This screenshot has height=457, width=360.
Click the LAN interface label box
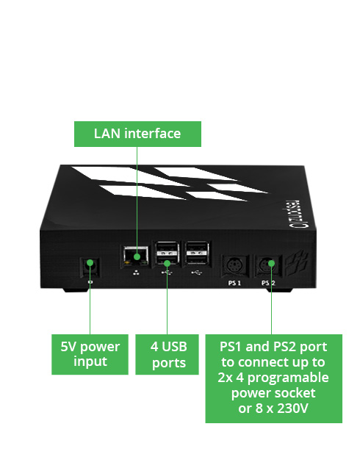coord(137,134)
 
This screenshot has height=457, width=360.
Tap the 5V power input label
coord(90,354)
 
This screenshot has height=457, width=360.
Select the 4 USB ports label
coord(167,354)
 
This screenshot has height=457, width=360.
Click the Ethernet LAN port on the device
coord(136,256)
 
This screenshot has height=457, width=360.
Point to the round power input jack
coord(90,267)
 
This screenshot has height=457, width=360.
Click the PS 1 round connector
coord(234,266)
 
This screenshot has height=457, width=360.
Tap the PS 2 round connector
coord(267,266)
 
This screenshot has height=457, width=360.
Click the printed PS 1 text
coord(234,283)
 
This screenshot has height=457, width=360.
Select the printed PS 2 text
coord(268,283)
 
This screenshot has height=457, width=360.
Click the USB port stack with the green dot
coord(167,253)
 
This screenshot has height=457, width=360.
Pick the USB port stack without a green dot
coord(198,253)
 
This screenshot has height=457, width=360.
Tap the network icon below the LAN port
coord(136,273)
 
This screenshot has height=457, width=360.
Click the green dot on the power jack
coord(90,263)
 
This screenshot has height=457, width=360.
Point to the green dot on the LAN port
coord(137,256)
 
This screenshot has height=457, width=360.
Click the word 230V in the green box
coord(292,408)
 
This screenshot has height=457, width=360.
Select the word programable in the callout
coord(288,378)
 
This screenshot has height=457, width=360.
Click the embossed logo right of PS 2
coord(297,263)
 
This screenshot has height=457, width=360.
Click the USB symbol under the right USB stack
coord(197,273)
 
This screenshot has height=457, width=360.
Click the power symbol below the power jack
coord(90,282)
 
